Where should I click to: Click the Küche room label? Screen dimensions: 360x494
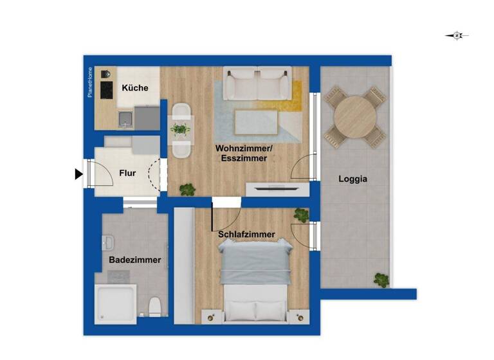pyautogui.click(x=135, y=88)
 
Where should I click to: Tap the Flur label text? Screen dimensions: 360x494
pyautogui.click(x=127, y=173)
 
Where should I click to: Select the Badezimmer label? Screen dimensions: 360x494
pyautogui.click(x=135, y=260)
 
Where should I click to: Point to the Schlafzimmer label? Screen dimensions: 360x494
pyautogui.click(x=246, y=235)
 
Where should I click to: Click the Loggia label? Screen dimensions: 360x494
pyautogui.click(x=353, y=179)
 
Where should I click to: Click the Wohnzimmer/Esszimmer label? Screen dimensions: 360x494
pyautogui.click(x=244, y=154)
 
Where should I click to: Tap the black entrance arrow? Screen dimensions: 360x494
pyautogui.click(x=78, y=174)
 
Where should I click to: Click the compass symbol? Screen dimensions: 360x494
pyautogui.click(x=457, y=36)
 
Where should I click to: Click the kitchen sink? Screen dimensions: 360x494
pyautogui.click(x=125, y=118)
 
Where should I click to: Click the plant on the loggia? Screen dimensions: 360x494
pyautogui.click(x=381, y=280)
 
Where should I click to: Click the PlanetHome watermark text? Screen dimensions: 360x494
pyautogui.click(x=91, y=83)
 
